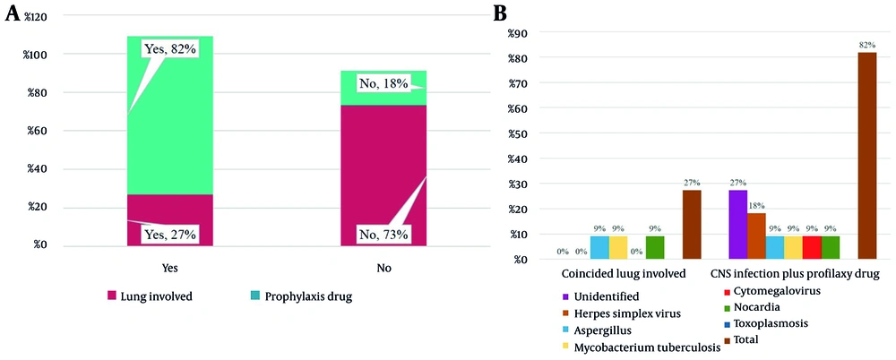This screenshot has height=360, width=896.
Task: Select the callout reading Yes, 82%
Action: tap(169, 49)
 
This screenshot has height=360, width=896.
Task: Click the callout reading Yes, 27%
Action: tap(169, 235)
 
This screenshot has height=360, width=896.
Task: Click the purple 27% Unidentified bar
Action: tap(738, 225)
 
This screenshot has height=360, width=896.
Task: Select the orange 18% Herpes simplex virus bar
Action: tap(756, 236)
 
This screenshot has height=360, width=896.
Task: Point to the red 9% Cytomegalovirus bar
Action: tap(812, 248)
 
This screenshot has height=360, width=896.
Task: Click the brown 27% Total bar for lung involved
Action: tap(691, 225)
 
